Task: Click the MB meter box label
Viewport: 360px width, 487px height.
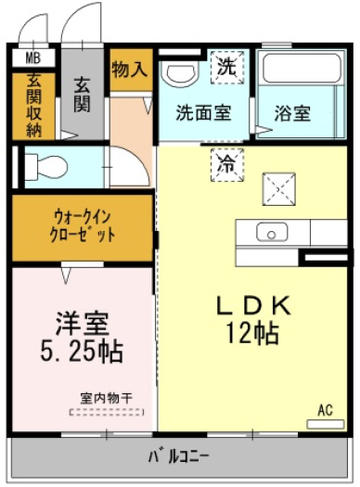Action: (x=32, y=58)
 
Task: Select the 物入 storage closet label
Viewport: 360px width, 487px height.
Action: (x=129, y=69)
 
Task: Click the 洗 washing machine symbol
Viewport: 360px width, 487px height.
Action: (x=227, y=67)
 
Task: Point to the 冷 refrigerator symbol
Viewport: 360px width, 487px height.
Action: (x=227, y=165)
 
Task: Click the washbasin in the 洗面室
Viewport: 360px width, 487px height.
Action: (x=182, y=74)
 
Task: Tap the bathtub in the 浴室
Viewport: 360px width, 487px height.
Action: (x=302, y=69)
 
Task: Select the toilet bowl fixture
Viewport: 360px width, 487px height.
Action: (x=45, y=167)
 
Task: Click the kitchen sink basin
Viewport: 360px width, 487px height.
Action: (x=272, y=232)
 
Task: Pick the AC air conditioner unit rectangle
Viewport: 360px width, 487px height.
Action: (x=326, y=424)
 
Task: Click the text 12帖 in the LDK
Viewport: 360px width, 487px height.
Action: (x=252, y=333)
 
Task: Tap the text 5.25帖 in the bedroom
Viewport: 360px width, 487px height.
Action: (x=82, y=352)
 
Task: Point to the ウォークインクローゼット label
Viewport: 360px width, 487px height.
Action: (x=83, y=226)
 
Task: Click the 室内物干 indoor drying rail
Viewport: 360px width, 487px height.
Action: (x=107, y=412)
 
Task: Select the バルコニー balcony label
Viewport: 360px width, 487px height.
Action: (x=178, y=456)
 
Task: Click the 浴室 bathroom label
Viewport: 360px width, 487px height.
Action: (x=292, y=113)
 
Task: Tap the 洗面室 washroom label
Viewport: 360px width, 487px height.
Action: (x=203, y=112)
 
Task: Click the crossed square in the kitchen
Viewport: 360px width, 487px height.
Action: (x=279, y=189)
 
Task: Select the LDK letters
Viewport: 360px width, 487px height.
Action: (x=254, y=305)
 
